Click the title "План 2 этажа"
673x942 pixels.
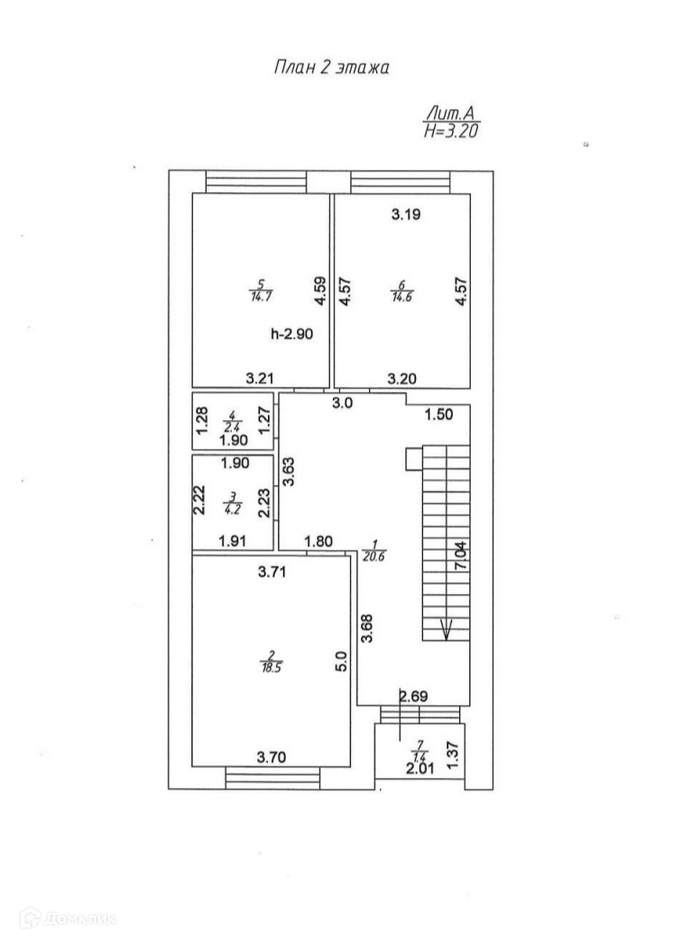coord(331,69)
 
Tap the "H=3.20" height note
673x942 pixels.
coord(449,131)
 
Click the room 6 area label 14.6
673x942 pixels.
coord(401,294)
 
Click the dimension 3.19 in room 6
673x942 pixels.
coord(406,215)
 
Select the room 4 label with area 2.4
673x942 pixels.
coord(232,420)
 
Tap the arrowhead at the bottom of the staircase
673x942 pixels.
coord(446,632)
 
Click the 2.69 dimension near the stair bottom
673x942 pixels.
coord(413,696)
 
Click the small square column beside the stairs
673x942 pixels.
coord(413,460)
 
